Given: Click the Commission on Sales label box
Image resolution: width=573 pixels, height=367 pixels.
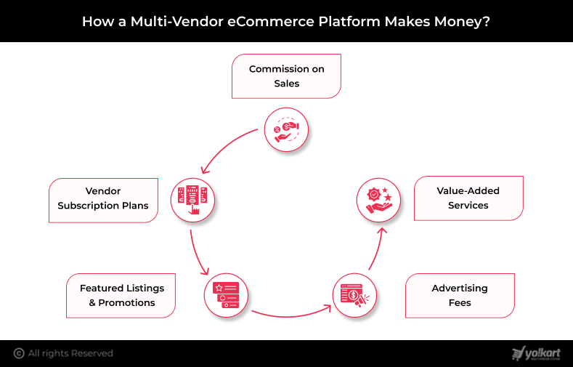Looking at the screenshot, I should click(286, 76).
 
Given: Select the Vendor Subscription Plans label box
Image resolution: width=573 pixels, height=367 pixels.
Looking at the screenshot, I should click(103, 199).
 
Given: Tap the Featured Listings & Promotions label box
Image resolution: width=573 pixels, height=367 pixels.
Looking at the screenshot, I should click(121, 295).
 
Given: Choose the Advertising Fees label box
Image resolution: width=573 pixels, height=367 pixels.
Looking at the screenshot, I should click(460, 295).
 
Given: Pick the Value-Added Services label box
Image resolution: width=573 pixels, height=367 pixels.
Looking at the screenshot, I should click(468, 198).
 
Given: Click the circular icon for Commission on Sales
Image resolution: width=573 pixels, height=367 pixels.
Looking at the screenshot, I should click(286, 130).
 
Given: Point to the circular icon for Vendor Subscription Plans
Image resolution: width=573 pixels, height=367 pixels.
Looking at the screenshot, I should click(193, 198).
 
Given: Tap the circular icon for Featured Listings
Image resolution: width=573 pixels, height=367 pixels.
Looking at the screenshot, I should click(227, 294).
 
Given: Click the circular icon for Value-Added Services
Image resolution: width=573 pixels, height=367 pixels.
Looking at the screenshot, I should click(379, 198).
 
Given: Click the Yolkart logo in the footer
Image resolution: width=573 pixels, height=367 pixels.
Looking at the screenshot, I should click(536, 353).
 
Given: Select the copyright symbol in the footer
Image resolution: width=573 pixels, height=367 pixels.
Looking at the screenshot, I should click(19, 353).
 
